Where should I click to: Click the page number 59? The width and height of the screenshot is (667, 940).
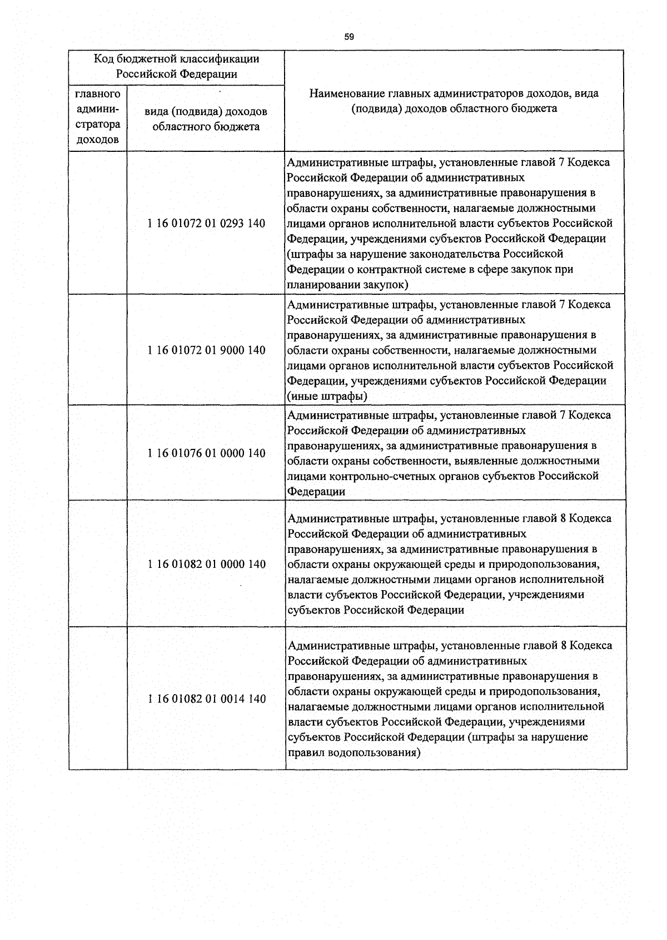tap(349, 37)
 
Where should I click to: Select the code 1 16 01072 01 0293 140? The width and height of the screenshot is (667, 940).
tap(206, 224)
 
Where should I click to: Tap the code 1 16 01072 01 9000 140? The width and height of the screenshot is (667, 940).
tap(206, 350)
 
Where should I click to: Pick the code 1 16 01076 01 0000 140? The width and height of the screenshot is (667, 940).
tap(206, 453)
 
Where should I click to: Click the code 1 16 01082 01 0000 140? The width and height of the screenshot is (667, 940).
tap(206, 564)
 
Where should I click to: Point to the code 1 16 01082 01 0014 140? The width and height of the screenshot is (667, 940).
tap(206, 699)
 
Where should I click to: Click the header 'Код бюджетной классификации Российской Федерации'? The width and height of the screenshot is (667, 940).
tap(176, 66)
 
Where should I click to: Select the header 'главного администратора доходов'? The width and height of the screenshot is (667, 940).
tap(98, 117)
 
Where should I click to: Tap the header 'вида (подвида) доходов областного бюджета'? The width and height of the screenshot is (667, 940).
tap(206, 119)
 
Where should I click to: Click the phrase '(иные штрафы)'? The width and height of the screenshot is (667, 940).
tap(327, 397)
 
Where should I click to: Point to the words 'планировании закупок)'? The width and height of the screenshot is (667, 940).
tap(347, 285)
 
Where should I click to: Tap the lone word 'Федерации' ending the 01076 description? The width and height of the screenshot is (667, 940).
tap(316, 492)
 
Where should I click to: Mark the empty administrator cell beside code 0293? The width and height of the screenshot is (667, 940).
tap(98, 222)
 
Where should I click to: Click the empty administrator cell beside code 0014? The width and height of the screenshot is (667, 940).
tap(98, 699)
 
